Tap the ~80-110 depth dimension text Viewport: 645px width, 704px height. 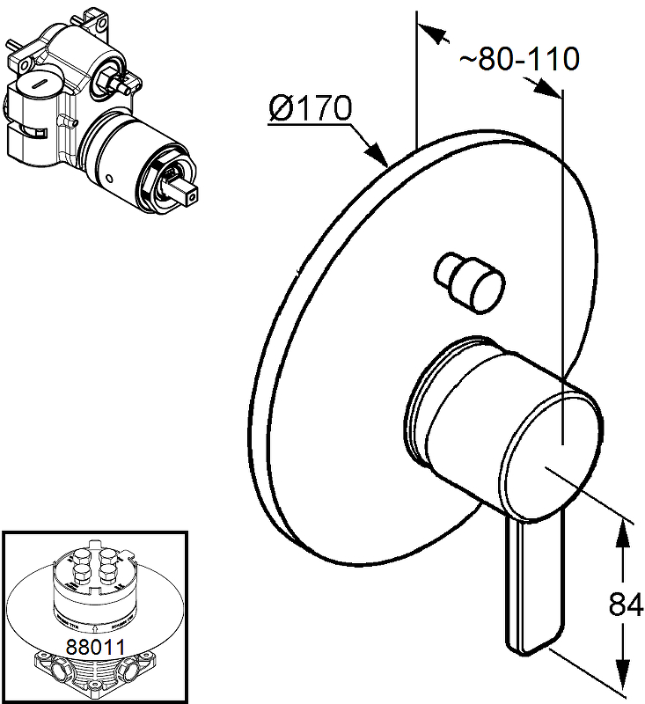coord(519,59)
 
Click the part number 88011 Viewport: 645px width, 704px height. coord(95,645)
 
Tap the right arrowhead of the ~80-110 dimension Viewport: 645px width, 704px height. coord(551,89)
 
